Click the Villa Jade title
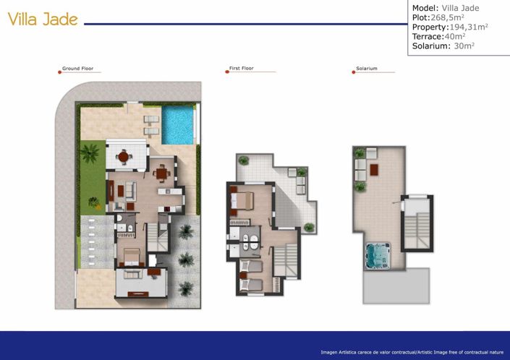coord(43,20)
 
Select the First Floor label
coord(241,69)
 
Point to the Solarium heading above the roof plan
coord(366,69)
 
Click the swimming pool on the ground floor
coord(177,124)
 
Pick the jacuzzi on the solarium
coord(378,254)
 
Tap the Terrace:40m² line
coord(438,36)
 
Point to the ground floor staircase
coord(157,235)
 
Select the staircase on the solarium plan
coord(417,221)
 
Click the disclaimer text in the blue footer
coord(412,352)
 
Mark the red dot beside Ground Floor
coord(59,72)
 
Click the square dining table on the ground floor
coord(160,172)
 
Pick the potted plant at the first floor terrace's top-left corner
coord(243,160)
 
